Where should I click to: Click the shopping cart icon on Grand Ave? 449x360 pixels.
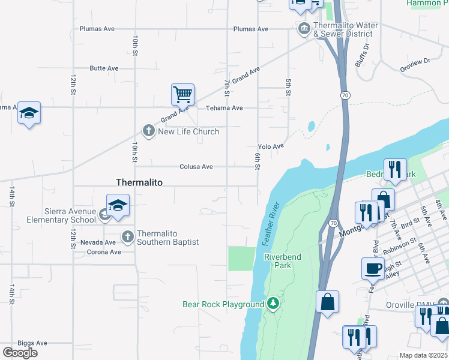(x=182, y=94)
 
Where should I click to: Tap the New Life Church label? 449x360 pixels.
(x=188, y=131)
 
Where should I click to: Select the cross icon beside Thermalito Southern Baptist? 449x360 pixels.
(x=127, y=237)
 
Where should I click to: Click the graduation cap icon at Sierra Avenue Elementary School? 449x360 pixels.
(x=118, y=205)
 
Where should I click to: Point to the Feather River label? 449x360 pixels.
(x=272, y=223)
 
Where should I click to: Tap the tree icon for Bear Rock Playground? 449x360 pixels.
(x=273, y=304)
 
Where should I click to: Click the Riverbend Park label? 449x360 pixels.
(x=282, y=257)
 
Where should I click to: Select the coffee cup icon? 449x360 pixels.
(x=373, y=268)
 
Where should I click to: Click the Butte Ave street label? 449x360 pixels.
(x=104, y=68)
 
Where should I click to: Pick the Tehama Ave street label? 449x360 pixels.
(x=224, y=108)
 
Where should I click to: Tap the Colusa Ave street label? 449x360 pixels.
(x=196, y=167)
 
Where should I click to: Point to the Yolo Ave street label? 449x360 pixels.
(x=270, y=146)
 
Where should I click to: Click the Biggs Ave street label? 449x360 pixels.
(x=32, y=343)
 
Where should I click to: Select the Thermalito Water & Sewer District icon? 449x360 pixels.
(x=304, y=28)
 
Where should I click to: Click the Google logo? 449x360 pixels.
(x=20, y=352)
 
